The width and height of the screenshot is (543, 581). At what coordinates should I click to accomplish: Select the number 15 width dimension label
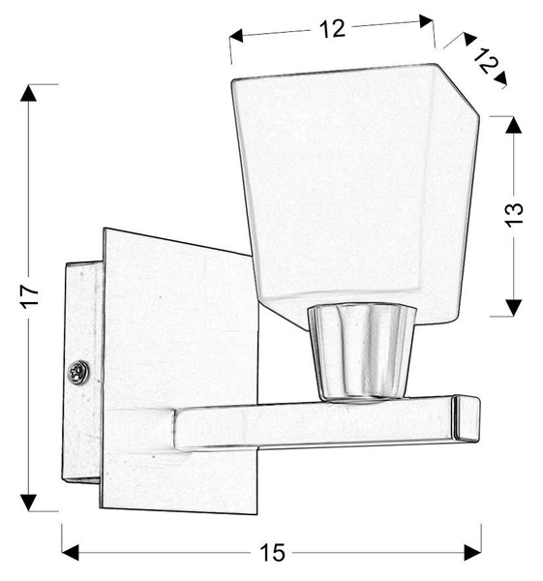(x=273, y=553)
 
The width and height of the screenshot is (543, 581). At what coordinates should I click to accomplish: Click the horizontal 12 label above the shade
(x=332, y=29)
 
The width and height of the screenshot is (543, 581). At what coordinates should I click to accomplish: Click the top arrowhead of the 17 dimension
(x=30, y=96)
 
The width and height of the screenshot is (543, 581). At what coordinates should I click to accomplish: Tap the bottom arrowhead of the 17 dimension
(x=30, y=501)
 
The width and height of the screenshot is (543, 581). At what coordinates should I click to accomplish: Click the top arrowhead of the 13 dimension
(x=514, y=125)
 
